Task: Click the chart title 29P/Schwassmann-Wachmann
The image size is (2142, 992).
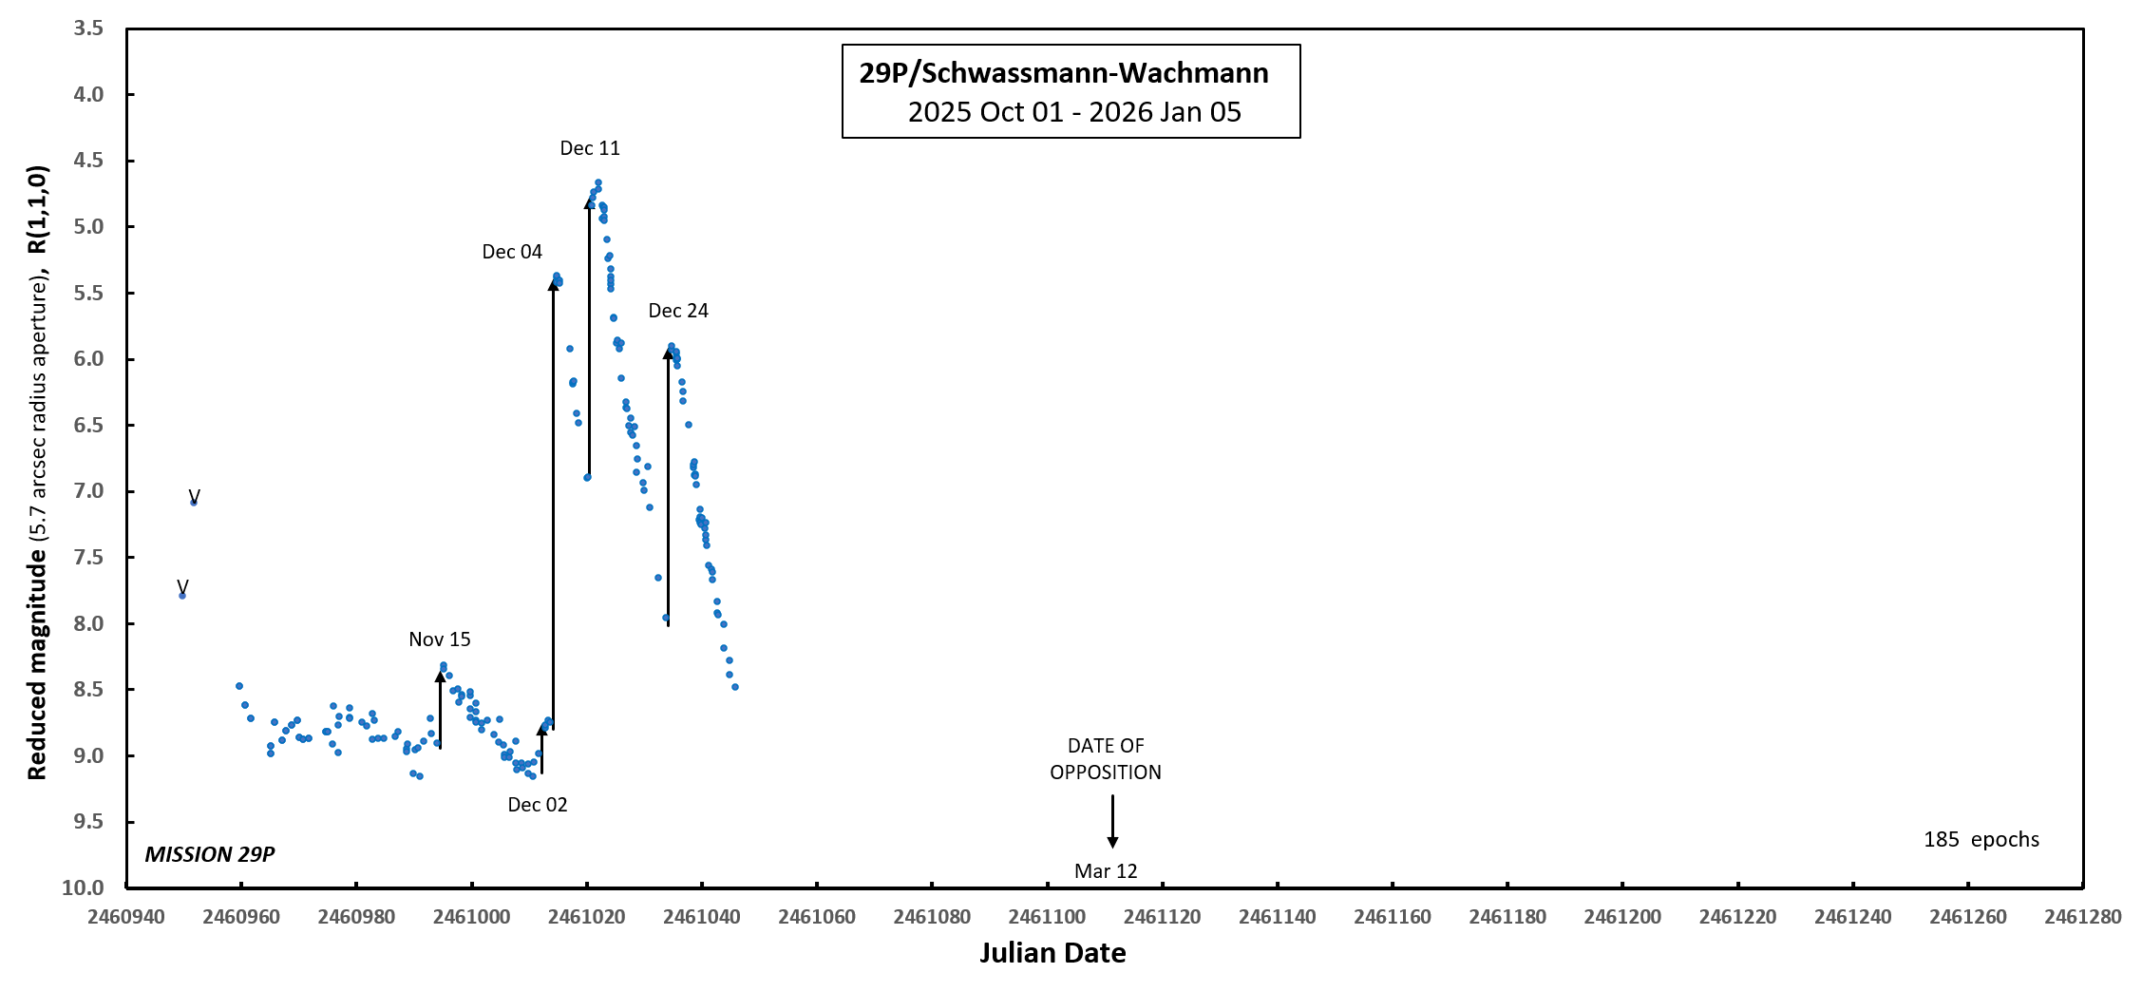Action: [1063, 73]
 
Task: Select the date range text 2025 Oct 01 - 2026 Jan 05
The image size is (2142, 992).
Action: [1074, 112]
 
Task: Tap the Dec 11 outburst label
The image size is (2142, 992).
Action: [590, 148]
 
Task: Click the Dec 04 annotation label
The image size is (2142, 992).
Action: [512, 252]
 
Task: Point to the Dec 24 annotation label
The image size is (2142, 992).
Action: [678, 311]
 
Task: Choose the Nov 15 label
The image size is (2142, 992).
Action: [440, 639]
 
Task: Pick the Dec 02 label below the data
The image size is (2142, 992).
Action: [538, 805]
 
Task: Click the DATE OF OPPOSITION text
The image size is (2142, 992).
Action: [1106, 759]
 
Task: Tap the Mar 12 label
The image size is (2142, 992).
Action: [1106, 871]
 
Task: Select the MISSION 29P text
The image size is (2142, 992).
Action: [210, 854]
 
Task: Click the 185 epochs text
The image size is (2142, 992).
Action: [1981, 840]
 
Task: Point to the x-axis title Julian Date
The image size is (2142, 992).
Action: [1052, 953]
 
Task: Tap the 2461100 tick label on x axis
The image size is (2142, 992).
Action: [1047, 917]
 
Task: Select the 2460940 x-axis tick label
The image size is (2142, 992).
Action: [126, 917]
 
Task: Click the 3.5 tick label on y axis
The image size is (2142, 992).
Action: [88, 29]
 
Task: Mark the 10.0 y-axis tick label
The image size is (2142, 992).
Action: [84, 887]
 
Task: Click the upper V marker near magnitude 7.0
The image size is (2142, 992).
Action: [194, 496]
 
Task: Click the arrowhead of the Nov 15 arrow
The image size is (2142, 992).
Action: [441, 676]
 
